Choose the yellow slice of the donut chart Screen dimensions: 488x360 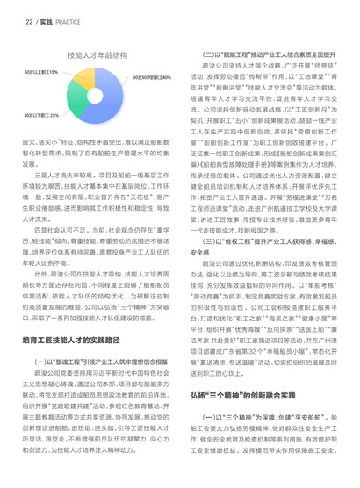point(86,83)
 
